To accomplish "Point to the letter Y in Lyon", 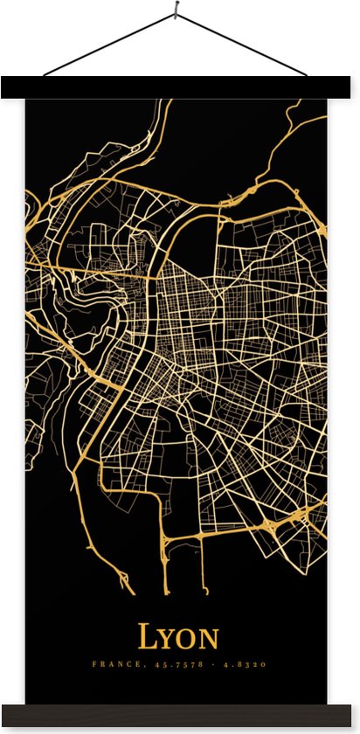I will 168,639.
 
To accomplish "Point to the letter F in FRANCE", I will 94,665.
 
